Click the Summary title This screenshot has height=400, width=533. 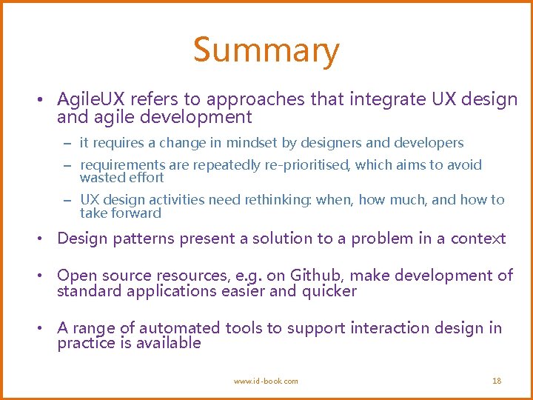pyautogui.click(x=266, y=50)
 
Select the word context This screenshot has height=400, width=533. pyautogui.click(x=478, y=239)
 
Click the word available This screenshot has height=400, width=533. pyautogui.click(x=167, y=343)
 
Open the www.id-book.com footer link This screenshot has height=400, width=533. pyautogui.click(x=266, y=381)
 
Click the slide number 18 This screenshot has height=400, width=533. pyautogui.click(x=497, y=381)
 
